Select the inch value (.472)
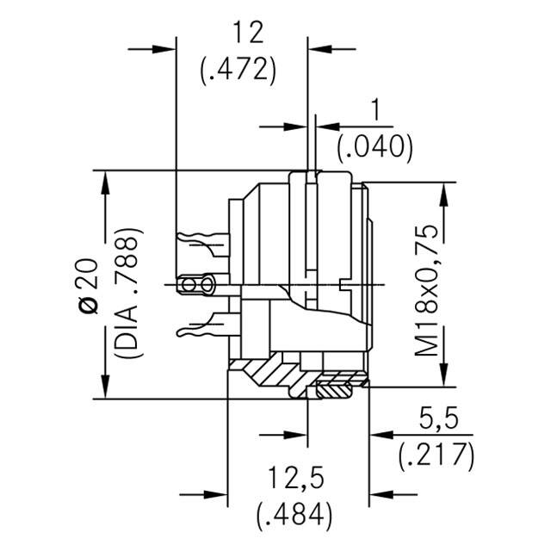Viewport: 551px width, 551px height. click(238, 71)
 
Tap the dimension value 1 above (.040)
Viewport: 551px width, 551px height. click(375, 112)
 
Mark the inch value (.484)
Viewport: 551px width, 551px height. click(294, 515)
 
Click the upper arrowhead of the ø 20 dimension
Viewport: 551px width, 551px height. click(107, 180)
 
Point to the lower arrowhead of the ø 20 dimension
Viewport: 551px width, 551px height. click(107, 389)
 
